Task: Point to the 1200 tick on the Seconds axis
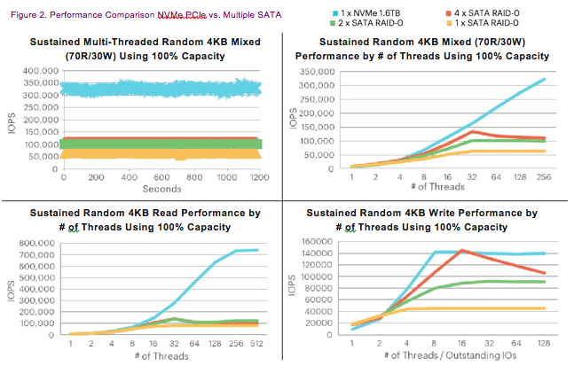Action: click(x=260, y=178)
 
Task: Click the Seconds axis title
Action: click(x=161, y=189)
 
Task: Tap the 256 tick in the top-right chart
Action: click(x=540, y=177)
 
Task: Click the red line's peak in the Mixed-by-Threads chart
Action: click(x=475, y=131)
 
